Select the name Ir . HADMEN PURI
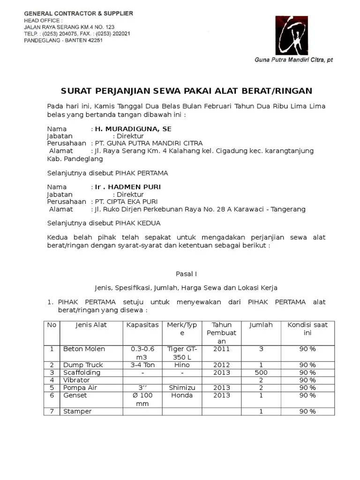tap(127, 187)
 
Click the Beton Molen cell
tap(84, 349)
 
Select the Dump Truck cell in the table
tap(83, 365)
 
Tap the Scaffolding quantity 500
tap(261, 372)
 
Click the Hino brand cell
tap(182, 365)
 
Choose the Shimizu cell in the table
tap(182, 388)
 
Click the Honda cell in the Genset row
tap(182, 395)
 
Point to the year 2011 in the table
tap(221, 349)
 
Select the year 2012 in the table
tap(221, 365)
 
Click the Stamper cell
tap(77, 411)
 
